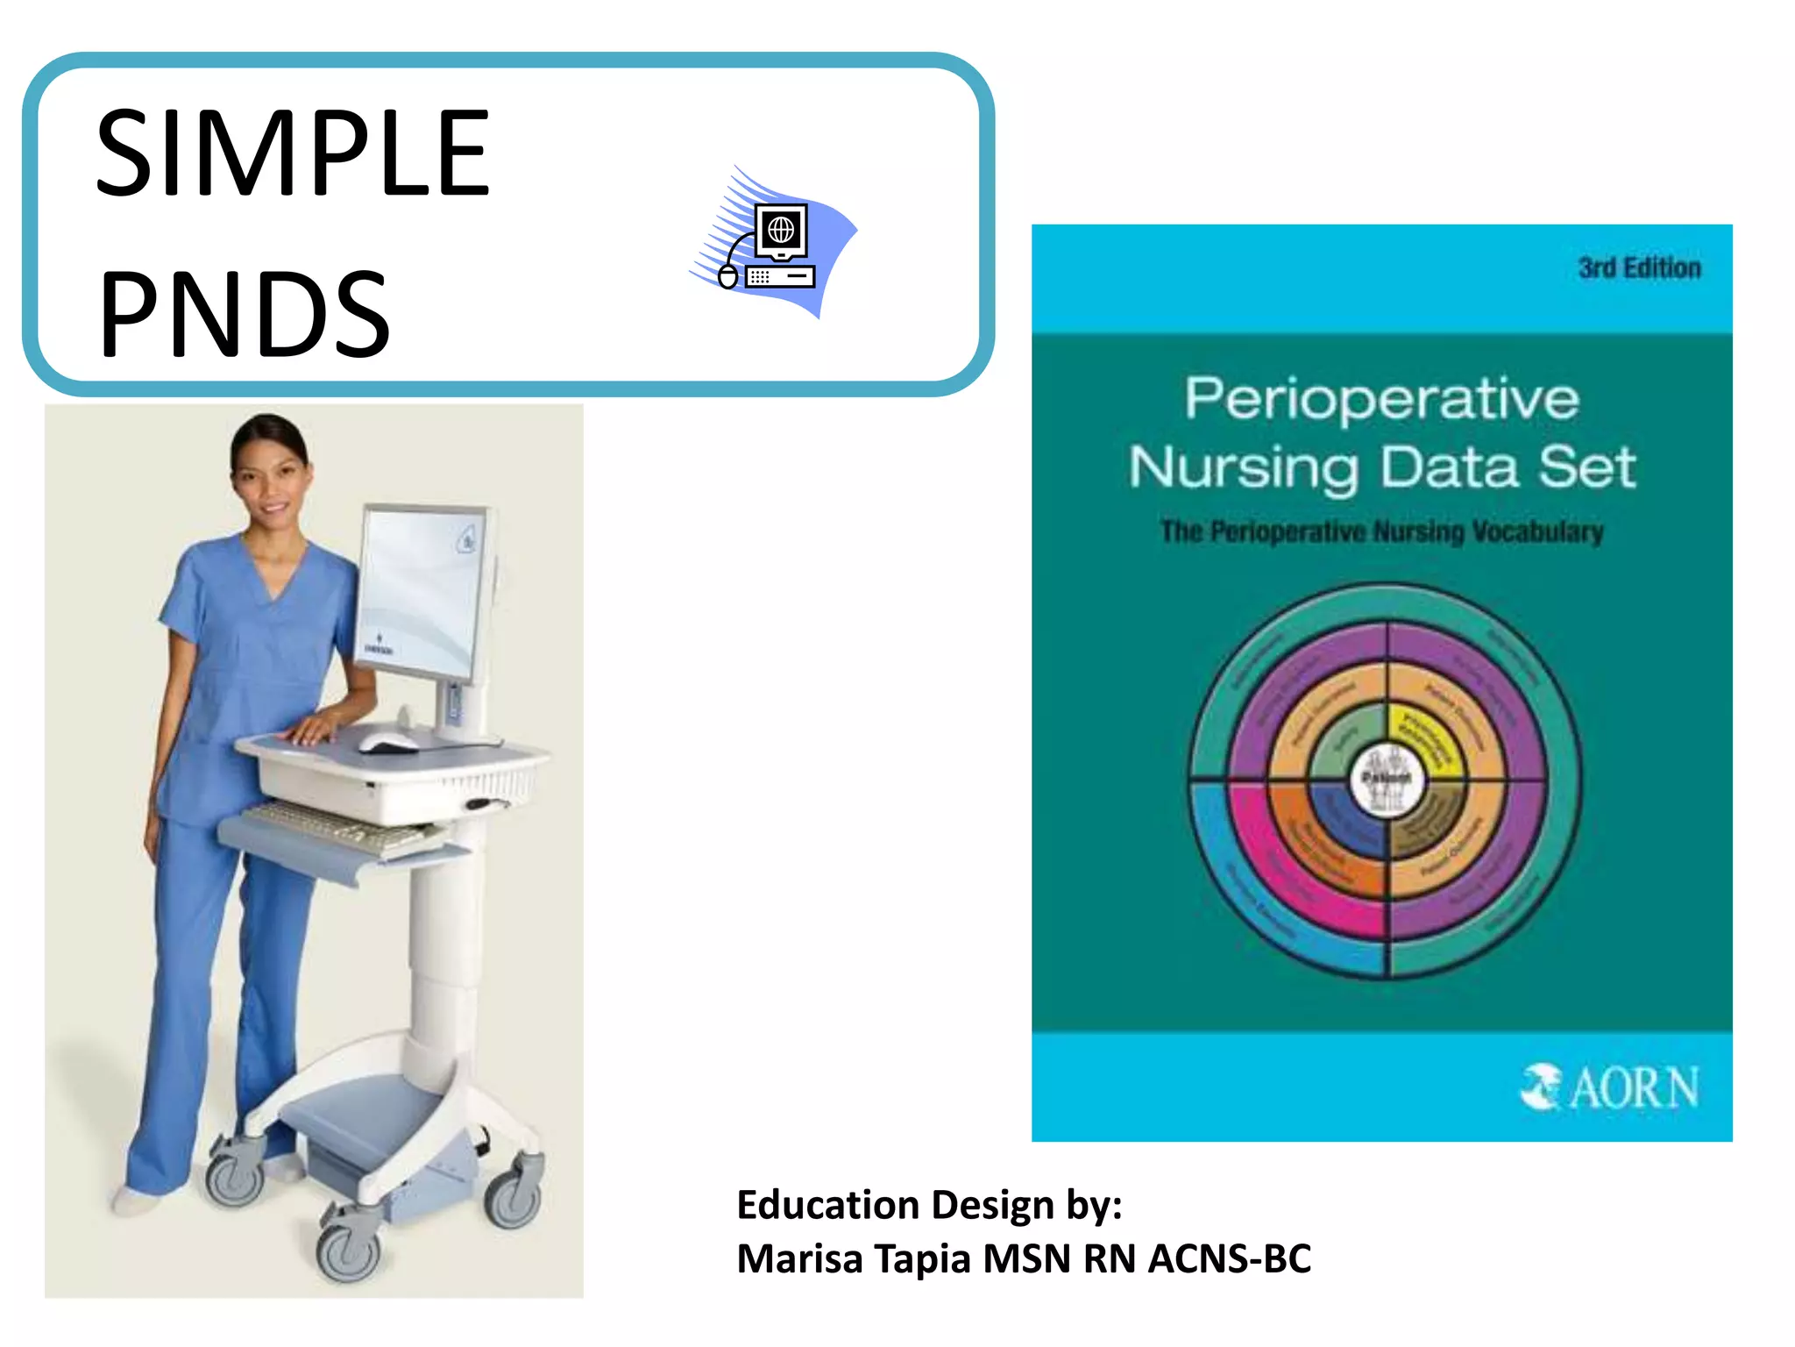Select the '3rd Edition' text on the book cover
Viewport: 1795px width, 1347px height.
coord(1639,267)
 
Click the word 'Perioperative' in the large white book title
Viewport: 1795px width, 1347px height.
coord(1381,399)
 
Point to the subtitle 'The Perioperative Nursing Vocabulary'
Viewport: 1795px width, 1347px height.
coord(1381,531)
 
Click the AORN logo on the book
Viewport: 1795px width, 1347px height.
coord(1609,1087)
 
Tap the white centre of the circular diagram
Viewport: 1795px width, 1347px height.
coord(1387,779)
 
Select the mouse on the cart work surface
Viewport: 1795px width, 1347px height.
coord(388,744)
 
